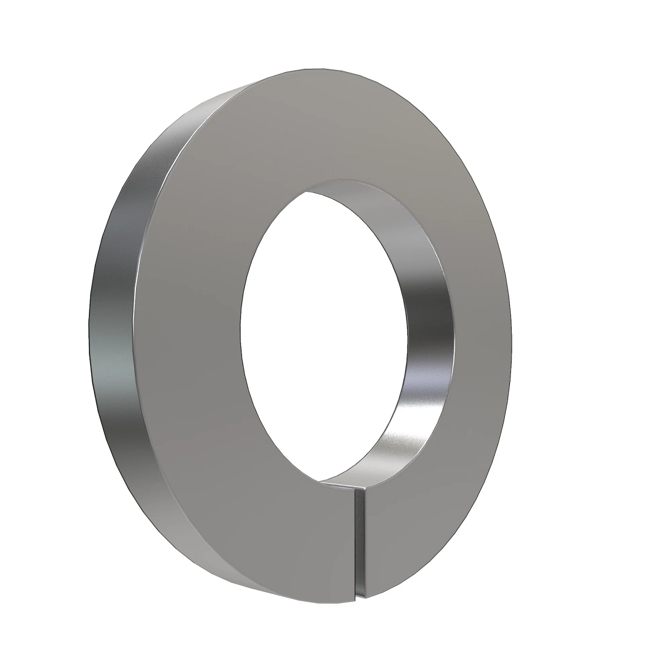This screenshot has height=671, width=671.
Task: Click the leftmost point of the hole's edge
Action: [241, 330]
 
